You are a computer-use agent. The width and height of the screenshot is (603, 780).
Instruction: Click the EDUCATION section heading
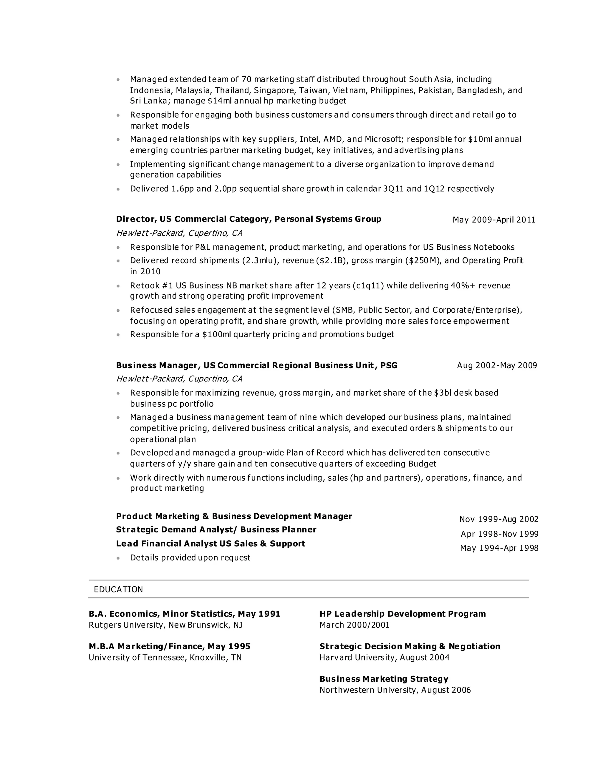pos(118,589)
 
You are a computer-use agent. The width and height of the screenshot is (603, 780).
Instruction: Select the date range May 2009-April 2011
pos(494,220)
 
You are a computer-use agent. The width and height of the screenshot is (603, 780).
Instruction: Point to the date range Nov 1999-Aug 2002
pos(499,519)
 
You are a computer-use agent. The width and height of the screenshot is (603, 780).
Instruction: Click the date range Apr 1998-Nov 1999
pos(499,534)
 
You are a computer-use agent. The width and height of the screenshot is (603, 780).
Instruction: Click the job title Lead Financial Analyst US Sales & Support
pos(211,544)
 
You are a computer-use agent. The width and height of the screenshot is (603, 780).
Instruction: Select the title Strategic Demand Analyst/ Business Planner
pos(216,529)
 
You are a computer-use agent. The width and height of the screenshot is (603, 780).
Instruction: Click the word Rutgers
pos(105,625)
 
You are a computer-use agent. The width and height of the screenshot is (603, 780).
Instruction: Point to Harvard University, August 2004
pos(384,657)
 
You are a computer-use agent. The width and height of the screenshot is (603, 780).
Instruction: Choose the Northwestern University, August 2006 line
pos(395,690)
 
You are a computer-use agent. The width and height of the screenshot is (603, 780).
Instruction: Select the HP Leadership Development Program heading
pos(402,614)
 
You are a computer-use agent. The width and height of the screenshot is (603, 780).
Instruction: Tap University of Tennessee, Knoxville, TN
pos(165,657)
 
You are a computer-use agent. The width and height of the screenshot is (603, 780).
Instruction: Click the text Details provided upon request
pos(190,557)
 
